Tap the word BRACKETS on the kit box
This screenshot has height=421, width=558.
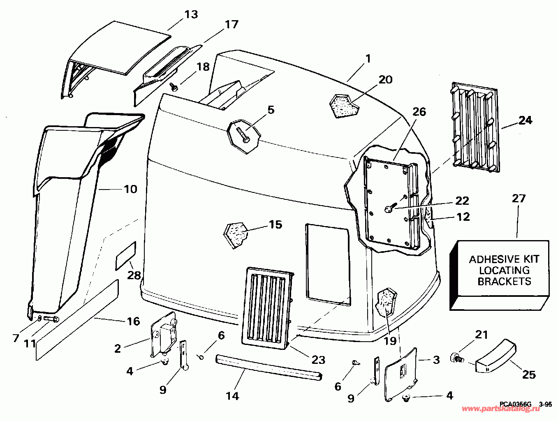[x=504, y=281]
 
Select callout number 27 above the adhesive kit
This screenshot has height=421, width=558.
[x=519, y=199]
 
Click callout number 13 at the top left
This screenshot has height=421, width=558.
[x=191, y=14]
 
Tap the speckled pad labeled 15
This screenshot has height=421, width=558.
[x=236, y=234]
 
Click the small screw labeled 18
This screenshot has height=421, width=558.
[x=174, y=86]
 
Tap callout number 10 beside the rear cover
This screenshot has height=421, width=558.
[x=130, y=190]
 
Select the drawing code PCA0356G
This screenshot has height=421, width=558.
[x=516, y=404]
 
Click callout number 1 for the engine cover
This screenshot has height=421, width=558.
[x=368, y=59]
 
